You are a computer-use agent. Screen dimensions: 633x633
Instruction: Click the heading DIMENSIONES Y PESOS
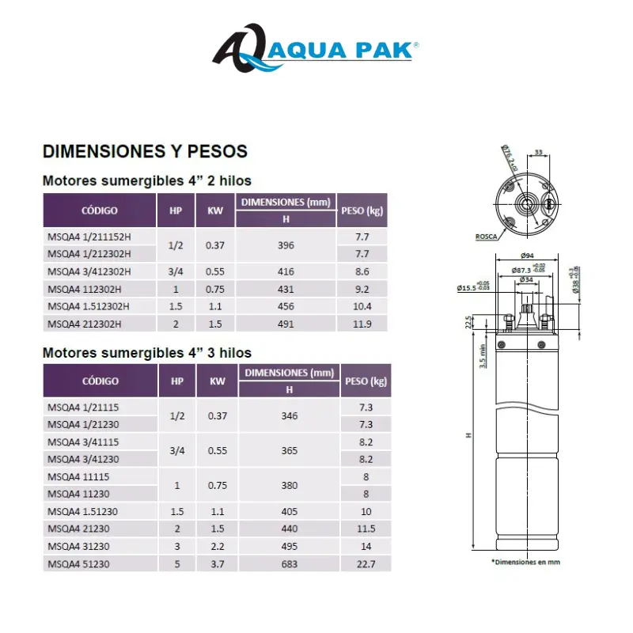(x=145, y=150)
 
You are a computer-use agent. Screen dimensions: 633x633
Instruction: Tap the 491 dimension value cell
(x=286, y=324)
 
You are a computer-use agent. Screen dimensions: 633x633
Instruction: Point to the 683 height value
(x=289, y=564)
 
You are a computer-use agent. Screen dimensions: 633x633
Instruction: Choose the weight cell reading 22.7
(x=366, y=564)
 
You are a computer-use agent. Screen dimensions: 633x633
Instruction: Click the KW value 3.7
(x=217, y=564)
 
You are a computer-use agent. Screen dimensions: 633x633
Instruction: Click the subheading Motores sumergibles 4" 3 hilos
(x=147, y=352)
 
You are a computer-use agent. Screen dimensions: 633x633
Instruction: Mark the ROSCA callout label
(x=486, y=237)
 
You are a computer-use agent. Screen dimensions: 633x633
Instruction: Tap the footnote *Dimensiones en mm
(x=526, y=562)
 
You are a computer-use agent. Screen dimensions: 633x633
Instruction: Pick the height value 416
(x=286, y=271)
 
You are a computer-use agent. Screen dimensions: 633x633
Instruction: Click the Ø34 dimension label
(x=526, y=279)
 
